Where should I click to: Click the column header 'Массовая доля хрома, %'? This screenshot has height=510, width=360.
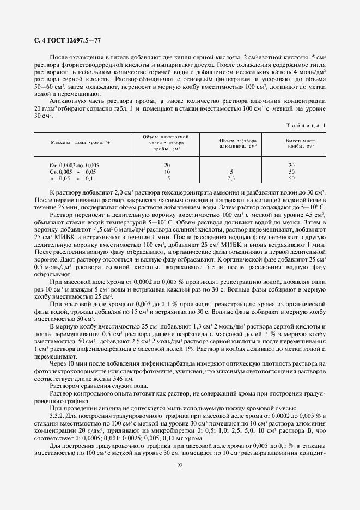[x=80, y=142]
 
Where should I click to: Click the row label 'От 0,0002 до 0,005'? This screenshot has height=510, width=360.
[x=74, y=165]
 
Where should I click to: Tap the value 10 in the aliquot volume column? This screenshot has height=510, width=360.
[x=167, y=172]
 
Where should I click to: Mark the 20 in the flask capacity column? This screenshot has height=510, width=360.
[x=291, y=165]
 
